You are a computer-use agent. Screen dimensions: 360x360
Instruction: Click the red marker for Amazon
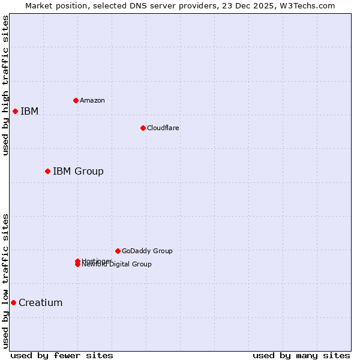point(76,100)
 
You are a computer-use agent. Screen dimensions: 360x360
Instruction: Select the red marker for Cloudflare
point(143,128)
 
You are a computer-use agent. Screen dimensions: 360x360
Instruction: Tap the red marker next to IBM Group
point(47,171)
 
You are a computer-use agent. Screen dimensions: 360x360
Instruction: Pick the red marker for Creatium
point(13,302)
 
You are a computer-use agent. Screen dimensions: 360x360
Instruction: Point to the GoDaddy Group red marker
point(118,251)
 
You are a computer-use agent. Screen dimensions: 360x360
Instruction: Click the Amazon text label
point(92,100)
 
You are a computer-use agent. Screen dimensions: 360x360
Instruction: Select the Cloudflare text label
point(163,128)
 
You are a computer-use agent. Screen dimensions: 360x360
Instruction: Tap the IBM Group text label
point(78,172)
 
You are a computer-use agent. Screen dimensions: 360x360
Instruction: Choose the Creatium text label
point(41,303)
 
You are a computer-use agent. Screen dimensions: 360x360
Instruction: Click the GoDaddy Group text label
point(147,251)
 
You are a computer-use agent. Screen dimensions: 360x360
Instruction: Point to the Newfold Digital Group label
point(117,265)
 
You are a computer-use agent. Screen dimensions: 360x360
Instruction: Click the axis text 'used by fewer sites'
point(62,355)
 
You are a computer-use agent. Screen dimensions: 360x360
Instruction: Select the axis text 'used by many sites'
point(301,355)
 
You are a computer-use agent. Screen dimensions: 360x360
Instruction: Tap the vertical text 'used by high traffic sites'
point(5,85)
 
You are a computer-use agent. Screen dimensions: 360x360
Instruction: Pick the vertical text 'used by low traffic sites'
point(5,281)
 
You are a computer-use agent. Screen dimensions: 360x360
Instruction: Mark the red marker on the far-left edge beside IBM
point(15,111)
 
